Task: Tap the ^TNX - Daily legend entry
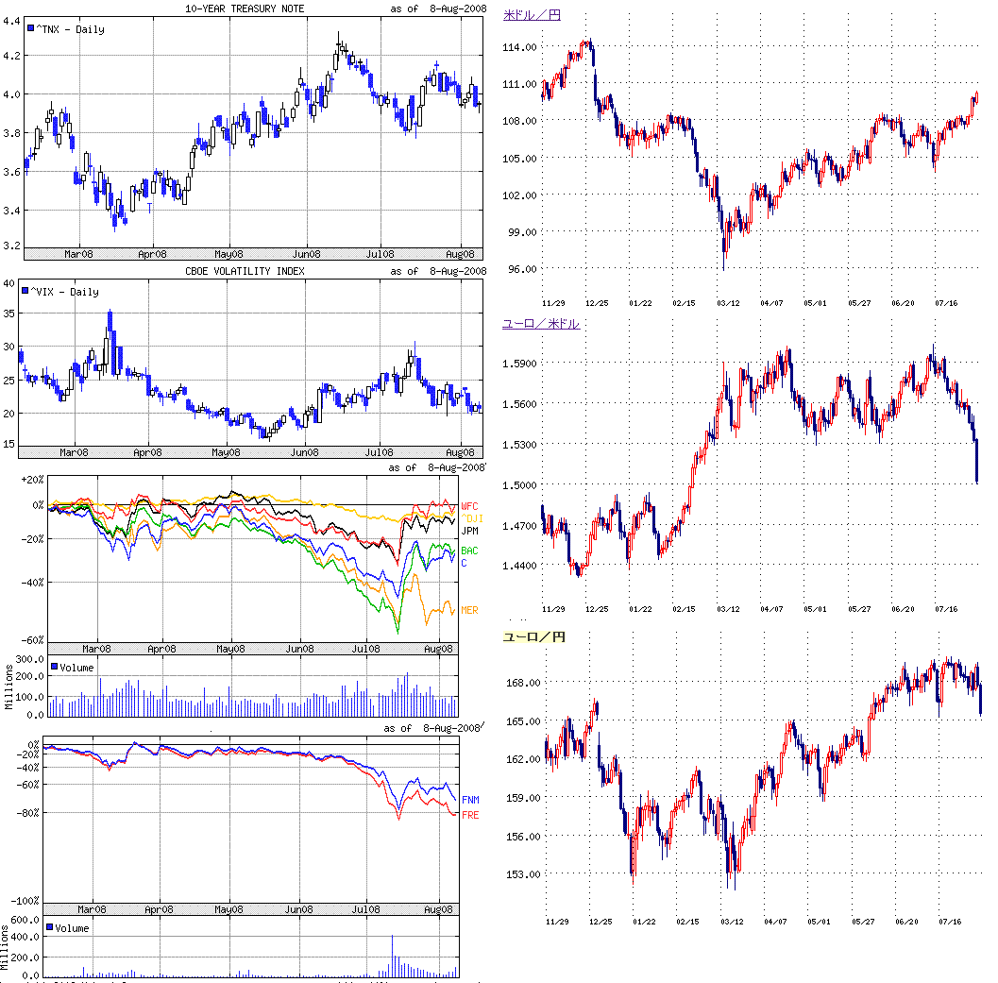tap(66, 29)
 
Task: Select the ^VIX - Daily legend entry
tap(66, 292)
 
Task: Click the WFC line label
tap(469, 507)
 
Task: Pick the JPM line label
tap(469, 532)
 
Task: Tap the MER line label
tap(469, 611)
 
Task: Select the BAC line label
tap(469, 551)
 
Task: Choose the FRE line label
tap(470, 814)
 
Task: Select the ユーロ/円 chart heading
tap(533, 638)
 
